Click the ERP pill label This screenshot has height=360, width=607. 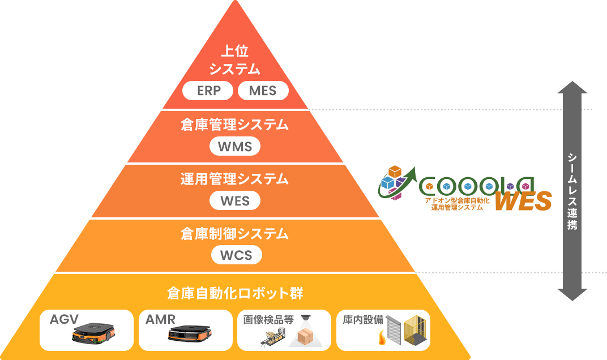coord(208,91)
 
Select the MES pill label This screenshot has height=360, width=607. coord(263,91)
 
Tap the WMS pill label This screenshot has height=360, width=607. coord(235,147)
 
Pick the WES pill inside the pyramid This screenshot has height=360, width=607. coord(234,200)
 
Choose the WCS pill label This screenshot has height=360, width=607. coord(236,255)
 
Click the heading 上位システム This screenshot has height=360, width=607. coord(234,60)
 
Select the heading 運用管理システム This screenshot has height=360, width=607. coord(234,179)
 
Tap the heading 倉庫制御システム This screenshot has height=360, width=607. coord(234,234)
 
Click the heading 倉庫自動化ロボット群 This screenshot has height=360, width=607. coord(235,293)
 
